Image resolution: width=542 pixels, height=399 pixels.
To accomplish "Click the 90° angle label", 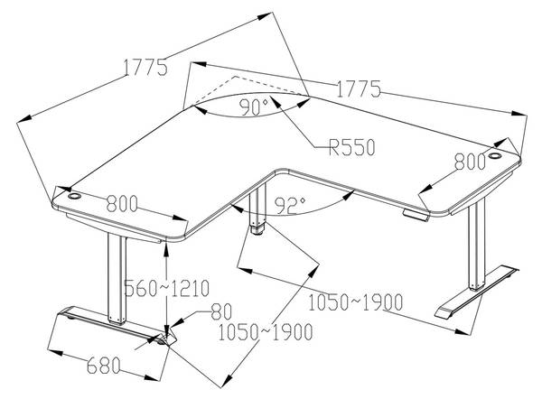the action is [x=254, y=107].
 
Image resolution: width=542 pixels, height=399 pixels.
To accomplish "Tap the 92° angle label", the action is [x=290, y=205].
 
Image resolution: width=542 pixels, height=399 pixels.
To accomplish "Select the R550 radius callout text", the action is [x=351, y=147].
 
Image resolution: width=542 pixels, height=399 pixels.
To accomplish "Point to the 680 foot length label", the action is [x=103, y=366].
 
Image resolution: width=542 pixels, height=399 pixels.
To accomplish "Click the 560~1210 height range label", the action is [x=166, y=288].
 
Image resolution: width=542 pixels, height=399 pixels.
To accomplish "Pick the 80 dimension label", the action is [x=221, y=311].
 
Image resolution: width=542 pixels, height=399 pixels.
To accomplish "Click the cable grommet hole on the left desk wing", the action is [x=74, y=196].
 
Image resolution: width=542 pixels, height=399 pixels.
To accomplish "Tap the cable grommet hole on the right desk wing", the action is [x=495, y=156].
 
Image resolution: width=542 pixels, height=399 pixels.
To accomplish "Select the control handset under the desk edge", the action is [x=416, y=214].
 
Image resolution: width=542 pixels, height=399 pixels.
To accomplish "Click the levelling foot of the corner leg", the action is [x=257, y=230].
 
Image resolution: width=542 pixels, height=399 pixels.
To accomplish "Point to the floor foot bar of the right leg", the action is [x=477, y=292].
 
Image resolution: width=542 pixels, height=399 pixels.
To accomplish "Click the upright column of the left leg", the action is [x=117, y=279].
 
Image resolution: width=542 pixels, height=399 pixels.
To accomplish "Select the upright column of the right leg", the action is [x=477, y=245].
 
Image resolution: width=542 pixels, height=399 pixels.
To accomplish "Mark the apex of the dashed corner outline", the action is [x=236, y=77].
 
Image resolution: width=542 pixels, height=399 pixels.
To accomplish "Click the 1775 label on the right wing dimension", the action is [x=359, y=89].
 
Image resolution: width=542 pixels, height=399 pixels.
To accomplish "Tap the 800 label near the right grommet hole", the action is [x=470, y=162].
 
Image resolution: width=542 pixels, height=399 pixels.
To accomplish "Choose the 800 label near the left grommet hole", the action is [x=122, y=203].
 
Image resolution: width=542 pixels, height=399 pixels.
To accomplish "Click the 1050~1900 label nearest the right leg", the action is [x=356, y=302].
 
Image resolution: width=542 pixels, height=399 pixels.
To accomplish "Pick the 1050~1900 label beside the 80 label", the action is [x=266, y=332].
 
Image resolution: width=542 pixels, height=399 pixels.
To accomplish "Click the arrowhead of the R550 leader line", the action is [x=276, y=100].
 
